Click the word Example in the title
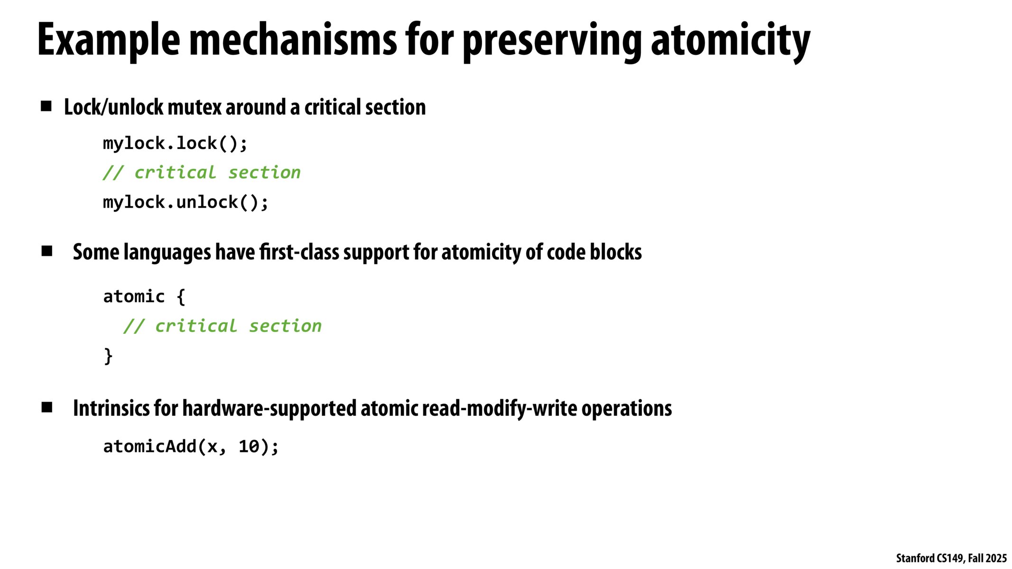click(109, 41)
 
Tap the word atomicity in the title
click(731, 42)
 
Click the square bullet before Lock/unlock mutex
click(46, 106)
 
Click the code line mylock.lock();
click(175, 143)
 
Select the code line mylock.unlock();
click(186, 202)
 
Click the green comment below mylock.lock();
click(202, 172)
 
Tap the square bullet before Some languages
click(47, 251)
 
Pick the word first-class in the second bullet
click(299, 252)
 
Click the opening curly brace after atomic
click(181, 297)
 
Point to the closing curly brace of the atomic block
click(108, 356)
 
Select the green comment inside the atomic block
click(223, 326)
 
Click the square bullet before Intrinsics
click(47, 407)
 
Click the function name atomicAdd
click(150, 446)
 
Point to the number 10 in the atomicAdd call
click(249, 446)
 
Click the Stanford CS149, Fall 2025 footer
click(951, 558)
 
